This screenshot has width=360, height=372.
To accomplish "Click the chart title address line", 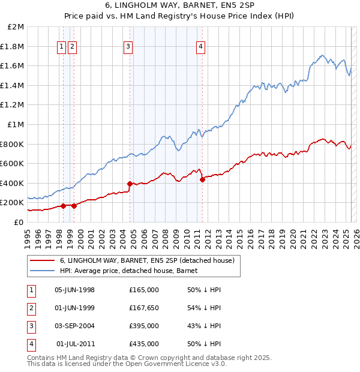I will (180, 5).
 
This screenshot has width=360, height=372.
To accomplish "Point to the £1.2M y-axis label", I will (13, 105).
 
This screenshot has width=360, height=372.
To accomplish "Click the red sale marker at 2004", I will (130, 184).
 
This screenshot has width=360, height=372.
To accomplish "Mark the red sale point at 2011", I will (202, 179).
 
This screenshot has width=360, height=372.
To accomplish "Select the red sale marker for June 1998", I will (63, 206).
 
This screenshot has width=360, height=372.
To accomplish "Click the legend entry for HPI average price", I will (133, 271).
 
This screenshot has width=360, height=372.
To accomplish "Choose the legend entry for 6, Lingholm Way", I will (150, 260).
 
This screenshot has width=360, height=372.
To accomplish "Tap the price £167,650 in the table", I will (144, 308).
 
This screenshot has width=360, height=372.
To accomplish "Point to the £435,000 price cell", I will (144, 344).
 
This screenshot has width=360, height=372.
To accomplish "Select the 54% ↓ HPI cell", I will (205, 308).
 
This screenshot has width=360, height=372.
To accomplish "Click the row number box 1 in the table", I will (30, 290).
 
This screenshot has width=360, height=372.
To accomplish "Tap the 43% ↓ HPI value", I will (205, 326).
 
